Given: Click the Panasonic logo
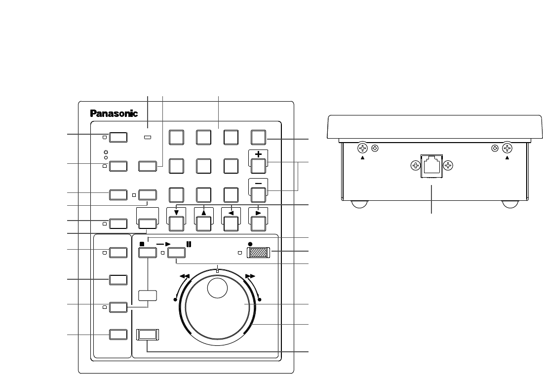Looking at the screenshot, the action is (114, 113).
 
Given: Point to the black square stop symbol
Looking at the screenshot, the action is (142, 244).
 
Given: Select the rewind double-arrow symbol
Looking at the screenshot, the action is (186, 277).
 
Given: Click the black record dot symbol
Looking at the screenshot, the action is (250, 244).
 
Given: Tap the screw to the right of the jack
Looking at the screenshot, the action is (448, 166).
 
